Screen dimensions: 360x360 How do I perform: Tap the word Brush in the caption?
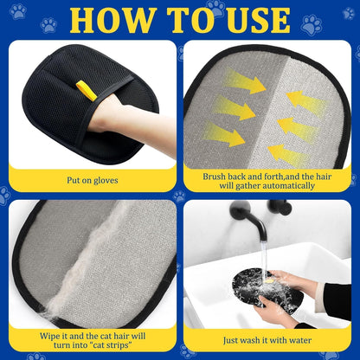tap(217, 176)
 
